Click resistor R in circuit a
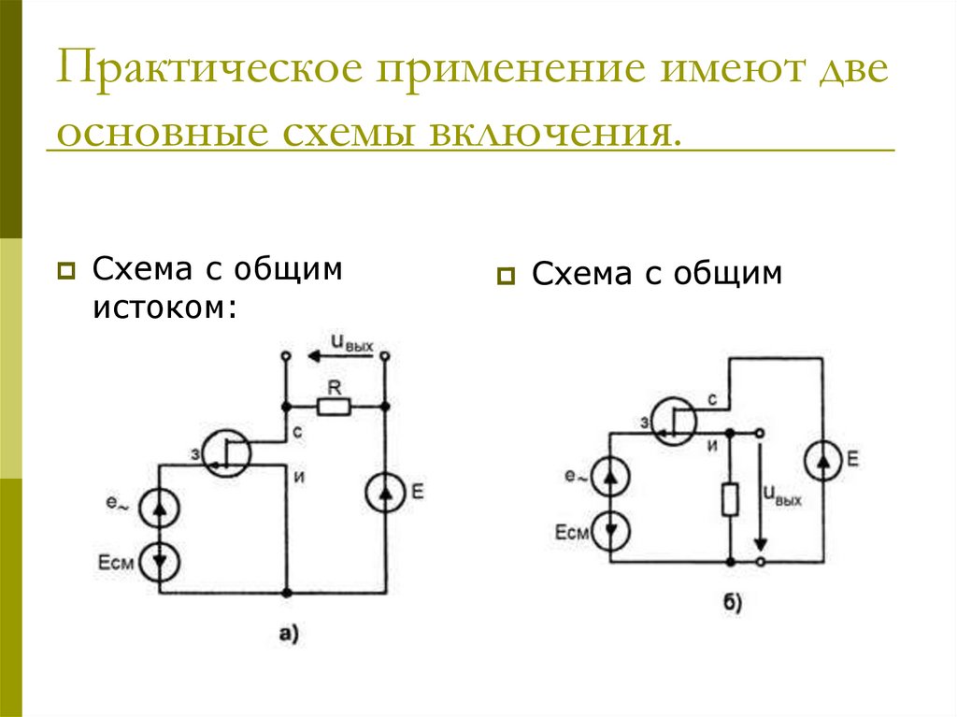334,407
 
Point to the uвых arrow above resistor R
334,356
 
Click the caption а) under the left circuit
288,635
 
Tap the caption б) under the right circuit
732,604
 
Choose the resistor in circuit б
730,499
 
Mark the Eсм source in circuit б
610,531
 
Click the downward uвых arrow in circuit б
762,495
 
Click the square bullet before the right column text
507,275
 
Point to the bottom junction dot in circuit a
287,593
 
